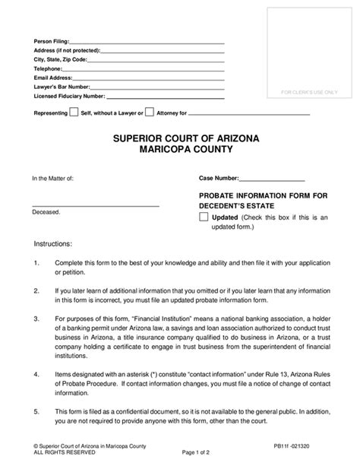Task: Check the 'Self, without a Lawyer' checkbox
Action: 74,113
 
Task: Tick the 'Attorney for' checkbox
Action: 149,113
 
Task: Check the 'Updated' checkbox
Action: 203,217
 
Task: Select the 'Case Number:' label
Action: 221,179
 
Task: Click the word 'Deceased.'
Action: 46,213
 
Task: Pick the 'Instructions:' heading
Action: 54,245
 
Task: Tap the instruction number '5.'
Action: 37,412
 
